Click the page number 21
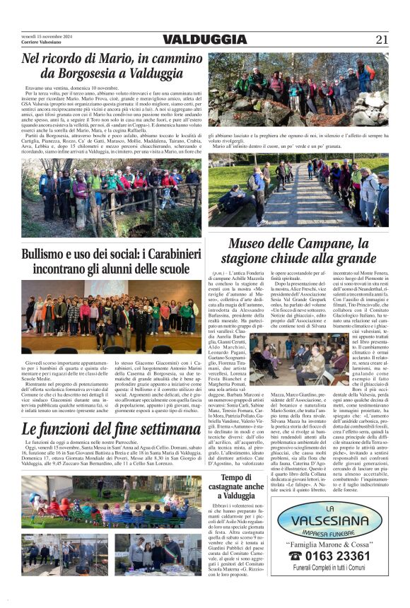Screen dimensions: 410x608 pos(382,40)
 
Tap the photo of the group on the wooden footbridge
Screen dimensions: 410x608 pos(298,193)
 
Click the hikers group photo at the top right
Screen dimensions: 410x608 pos(298,88)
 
